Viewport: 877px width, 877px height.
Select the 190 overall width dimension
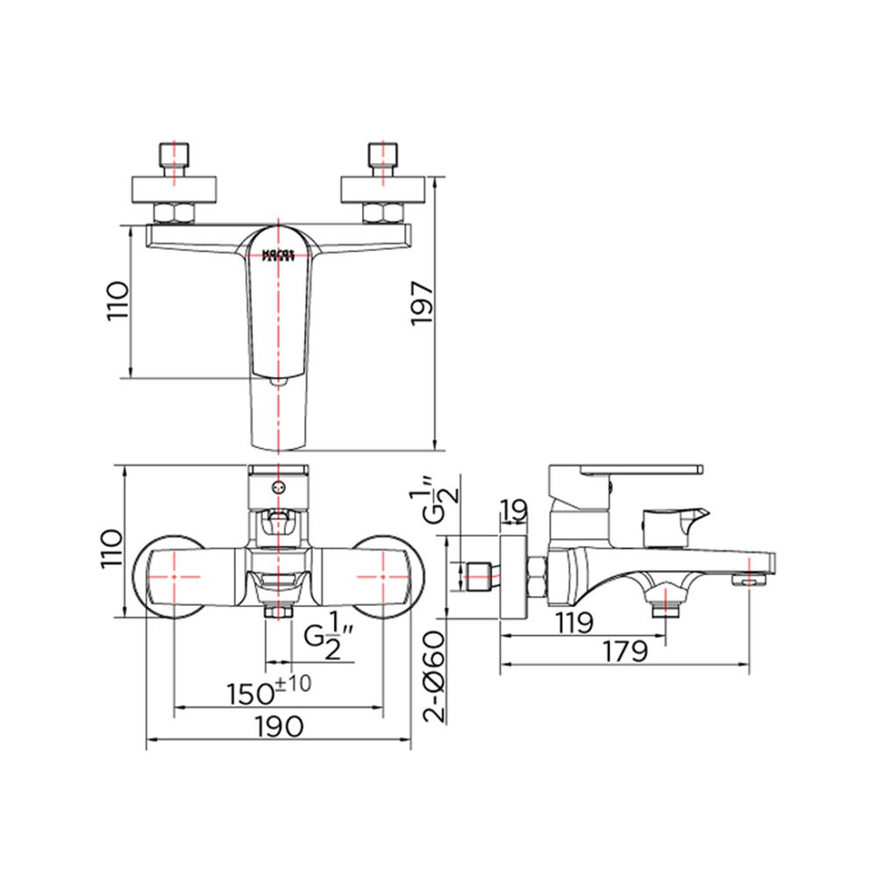point(280,725)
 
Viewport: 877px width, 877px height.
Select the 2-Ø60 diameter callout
point(435,678)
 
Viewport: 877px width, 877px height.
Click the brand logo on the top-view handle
point(279,255)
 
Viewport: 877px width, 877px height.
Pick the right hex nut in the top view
point(382,213)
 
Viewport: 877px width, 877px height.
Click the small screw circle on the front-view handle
point(279,488)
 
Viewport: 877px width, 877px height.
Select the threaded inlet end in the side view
point(479,576)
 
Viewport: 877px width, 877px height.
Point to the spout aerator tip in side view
point(749,579)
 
